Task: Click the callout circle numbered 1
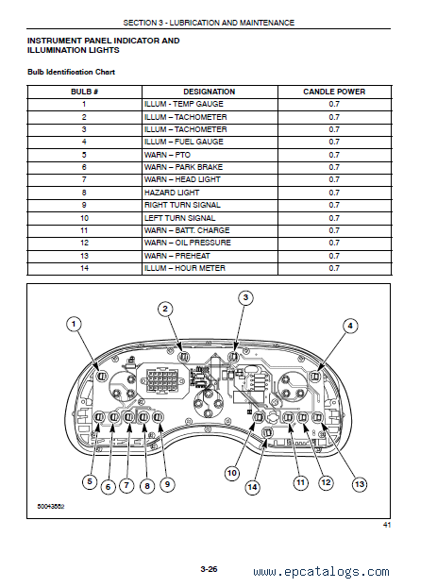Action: click(x=74, y=324)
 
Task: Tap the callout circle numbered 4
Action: click(x=350, y=326)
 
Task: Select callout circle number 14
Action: click(x=252, y=487)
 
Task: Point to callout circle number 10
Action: click(x=232, y=473)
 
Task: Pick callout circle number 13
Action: click(x=360, y=484)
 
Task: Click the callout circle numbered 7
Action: click(x=126, y=485)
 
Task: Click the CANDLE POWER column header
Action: click(x=334, y=92)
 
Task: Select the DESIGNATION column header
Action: click(x=210, y=92)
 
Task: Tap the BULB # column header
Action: click(x=84, y=92)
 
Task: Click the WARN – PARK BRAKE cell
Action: click(x=183, y=167)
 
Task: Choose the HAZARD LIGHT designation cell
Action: click(x=172, y=193)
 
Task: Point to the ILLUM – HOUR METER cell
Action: click(x=185, y=268)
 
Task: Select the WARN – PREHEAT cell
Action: click(x=177, y=256)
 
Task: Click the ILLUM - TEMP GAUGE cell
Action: click(x=184, y=104)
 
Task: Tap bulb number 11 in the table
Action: click(x=84, y=230)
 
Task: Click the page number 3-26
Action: click(x=209, y=569)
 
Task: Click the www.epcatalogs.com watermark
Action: click(x=321, y=572)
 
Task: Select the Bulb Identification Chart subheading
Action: click(x=72, y=72)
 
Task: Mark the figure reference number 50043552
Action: click(x=51, y=506)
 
